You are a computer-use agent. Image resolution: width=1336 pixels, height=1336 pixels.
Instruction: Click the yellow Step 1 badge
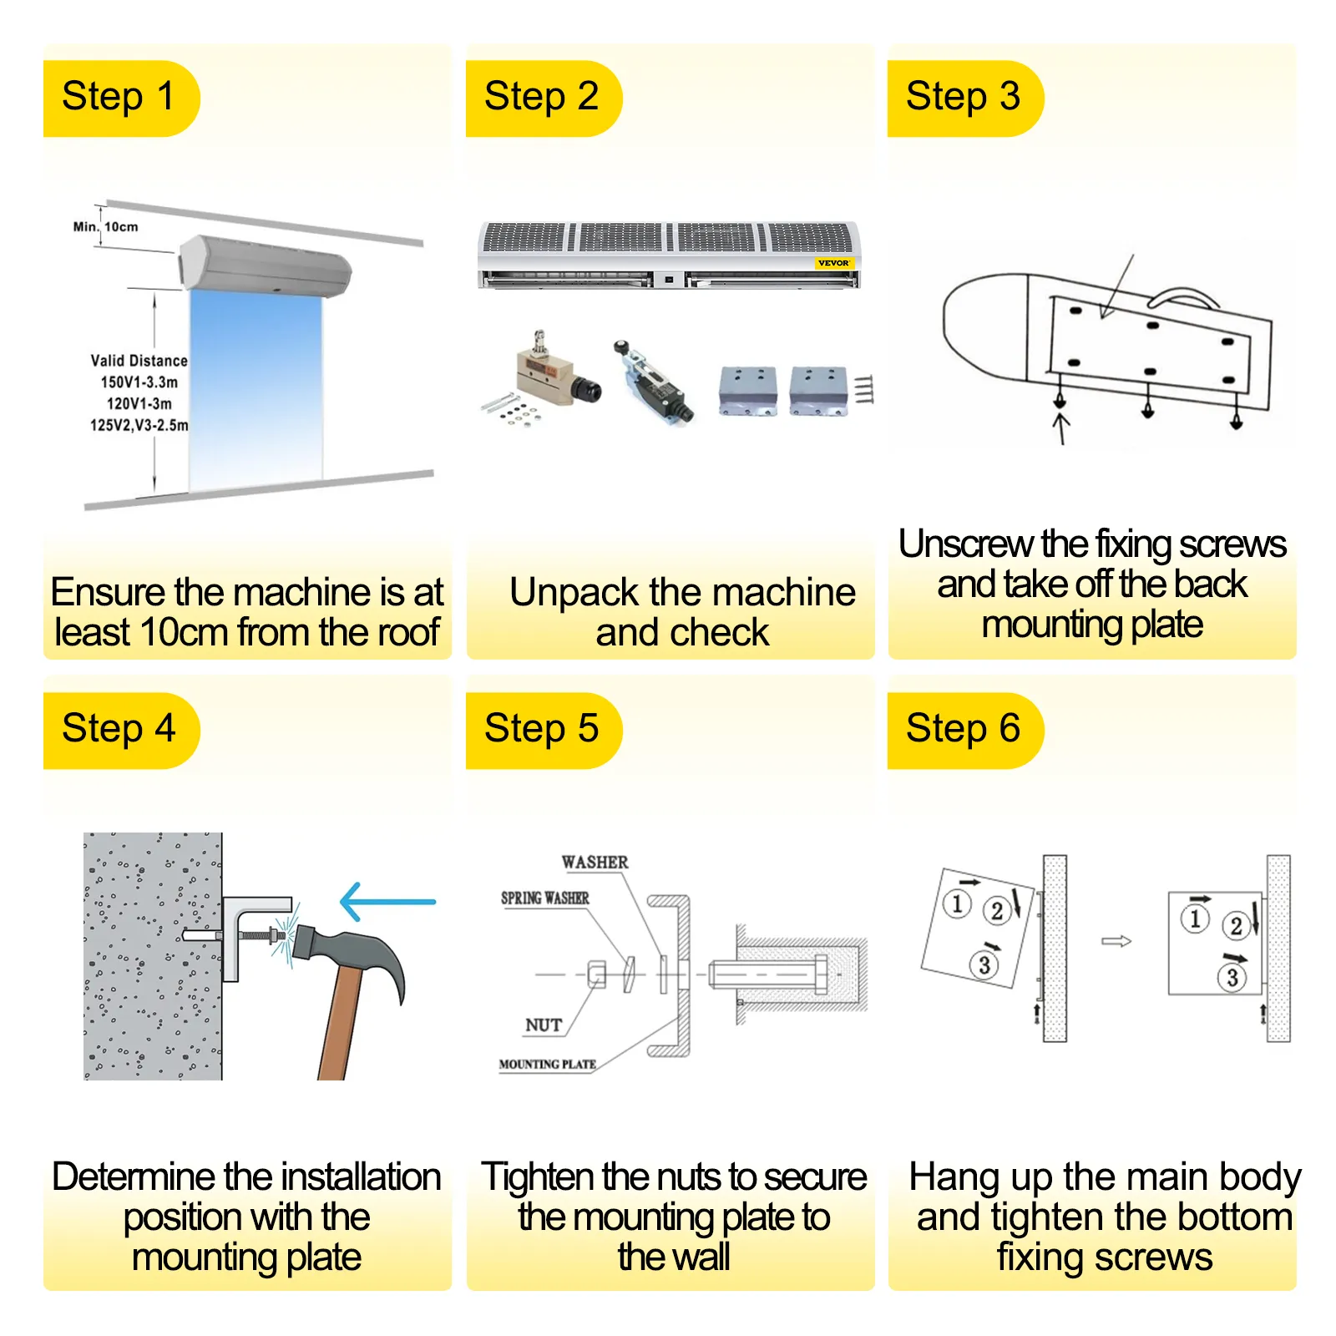120,97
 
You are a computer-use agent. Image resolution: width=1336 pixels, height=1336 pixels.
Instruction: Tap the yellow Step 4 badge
120,729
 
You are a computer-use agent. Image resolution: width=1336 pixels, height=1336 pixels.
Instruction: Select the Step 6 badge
964,729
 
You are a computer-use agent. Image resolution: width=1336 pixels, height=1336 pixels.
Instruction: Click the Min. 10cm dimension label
106,226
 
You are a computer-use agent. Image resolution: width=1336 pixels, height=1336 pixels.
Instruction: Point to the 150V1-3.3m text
139,382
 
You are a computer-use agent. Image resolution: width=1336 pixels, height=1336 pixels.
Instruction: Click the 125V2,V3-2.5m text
139,425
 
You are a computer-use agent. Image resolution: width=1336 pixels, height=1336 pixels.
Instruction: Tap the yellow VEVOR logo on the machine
833,263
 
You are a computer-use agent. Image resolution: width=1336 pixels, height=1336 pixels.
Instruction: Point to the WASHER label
595,863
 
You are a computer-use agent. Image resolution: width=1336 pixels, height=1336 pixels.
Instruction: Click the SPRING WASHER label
544,898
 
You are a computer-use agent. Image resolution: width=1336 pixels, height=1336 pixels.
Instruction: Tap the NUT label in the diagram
544,1025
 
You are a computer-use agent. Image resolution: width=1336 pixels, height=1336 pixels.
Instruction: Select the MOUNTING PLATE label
547,1065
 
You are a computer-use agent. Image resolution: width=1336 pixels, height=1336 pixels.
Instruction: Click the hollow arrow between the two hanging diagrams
1116,941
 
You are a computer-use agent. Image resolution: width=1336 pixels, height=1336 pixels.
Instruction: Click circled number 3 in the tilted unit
984,965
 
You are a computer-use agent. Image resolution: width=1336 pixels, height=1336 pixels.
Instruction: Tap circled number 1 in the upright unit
1195,918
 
